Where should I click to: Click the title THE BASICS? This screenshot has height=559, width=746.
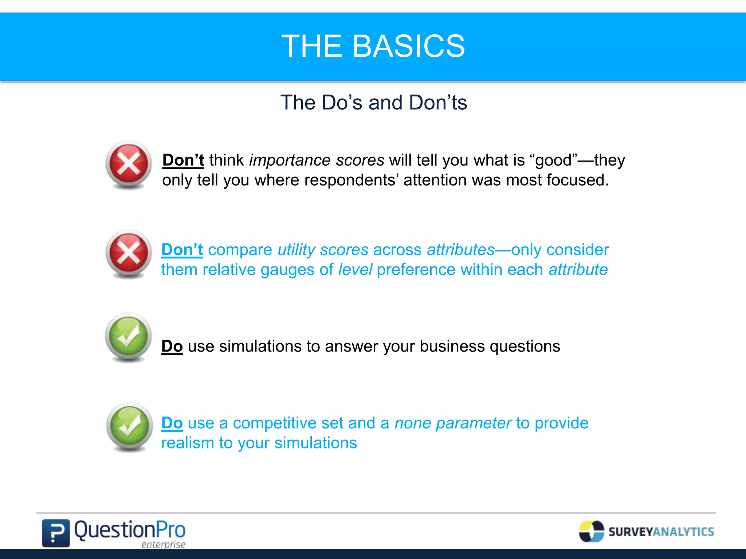point(373,46)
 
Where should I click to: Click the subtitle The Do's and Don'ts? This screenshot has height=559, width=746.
point(373,102)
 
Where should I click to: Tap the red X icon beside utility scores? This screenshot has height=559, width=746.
point(129,253)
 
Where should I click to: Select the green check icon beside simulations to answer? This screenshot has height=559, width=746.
point(128,336)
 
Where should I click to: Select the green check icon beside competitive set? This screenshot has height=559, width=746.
point(129,426)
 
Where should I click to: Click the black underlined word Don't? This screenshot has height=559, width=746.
point(183,160)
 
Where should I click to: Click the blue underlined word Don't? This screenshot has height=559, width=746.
point(182,250)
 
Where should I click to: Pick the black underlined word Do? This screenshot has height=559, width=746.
point(172,346)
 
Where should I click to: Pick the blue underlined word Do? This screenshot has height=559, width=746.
point(172,423)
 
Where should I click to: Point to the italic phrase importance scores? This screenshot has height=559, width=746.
point(317,160)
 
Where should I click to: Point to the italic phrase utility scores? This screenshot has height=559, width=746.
point(323,250)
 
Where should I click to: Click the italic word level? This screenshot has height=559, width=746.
point(355,270)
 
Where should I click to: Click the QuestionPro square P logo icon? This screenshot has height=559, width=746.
point(55,533)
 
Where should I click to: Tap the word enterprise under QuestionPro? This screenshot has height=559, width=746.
point(163,544)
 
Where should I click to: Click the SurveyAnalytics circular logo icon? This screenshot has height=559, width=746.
point(591,531)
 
